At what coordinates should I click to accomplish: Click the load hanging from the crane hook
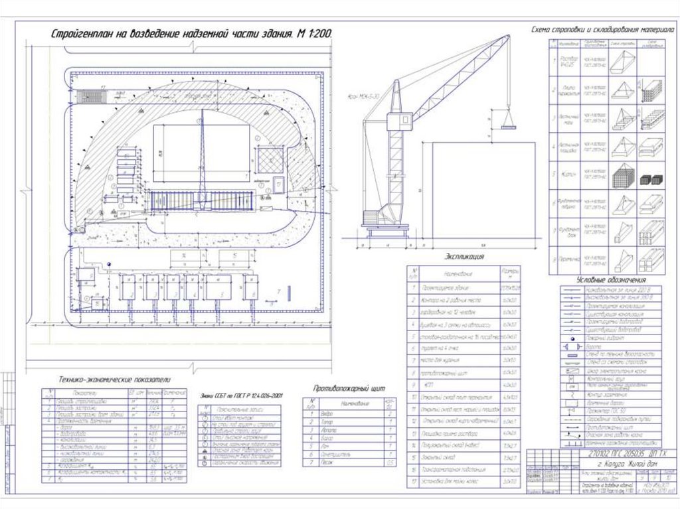tap(509, 119)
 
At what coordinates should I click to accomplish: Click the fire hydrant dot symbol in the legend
tap(572, 338)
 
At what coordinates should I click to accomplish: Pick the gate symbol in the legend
tap(572, 346)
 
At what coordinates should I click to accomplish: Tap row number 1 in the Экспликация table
tap(413, 287)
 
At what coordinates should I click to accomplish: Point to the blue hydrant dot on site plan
tap(108, 264)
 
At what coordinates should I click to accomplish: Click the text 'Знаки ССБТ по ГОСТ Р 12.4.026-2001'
tap(241, 396)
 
